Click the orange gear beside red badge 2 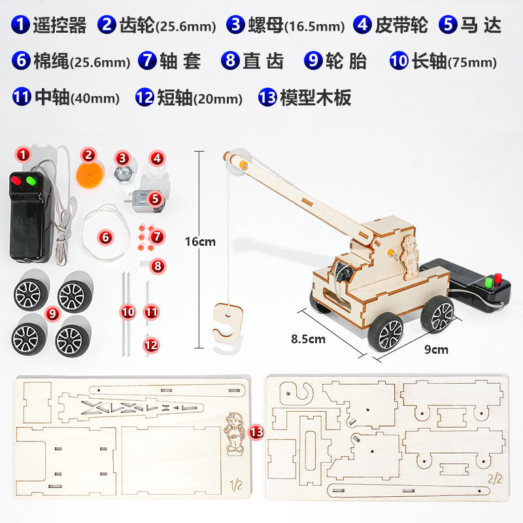pyautogui.click(x=89, y=175)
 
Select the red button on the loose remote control pyautogui.click(x=16, y=180)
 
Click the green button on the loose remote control pyautogui.click(x=31, y=180)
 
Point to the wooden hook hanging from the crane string pyautogui.click(x=228, y=322)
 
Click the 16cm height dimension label pyautogui.click(x=200, y=241)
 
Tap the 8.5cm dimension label pyautogui.click(x=308, y=339)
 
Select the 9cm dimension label pyautogui.click(x=436, y=349)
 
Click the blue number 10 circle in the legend pyautogui.click(x=399, y=61)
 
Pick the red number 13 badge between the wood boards pyautogui.click(x=256, y=432)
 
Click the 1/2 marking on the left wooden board pyautogui.click(x=236, y=484)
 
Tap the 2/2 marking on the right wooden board pyautogui.click(x=495, y=479)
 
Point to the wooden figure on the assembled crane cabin pyautogui.click(x=410, y=258)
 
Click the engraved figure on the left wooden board pyautogui.click(x=234, y=433)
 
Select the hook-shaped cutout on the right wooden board pyautogui.click(x=296, y=394)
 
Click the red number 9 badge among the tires pyautogui.click(x=52, y=314)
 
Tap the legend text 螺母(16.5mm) pyautogui.click(x=297, y=25)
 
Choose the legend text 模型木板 pyautogui.click(x=316, y=97)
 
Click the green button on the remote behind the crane pyautogui.click(x=489, y=282)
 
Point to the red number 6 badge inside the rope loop pyautogui.click(x=105, y=237)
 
